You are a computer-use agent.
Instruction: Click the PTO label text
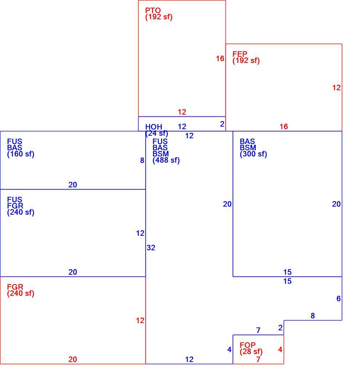click(153, 11)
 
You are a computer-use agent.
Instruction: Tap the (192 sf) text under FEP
click(246, 60)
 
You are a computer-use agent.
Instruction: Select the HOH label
click(154, 127)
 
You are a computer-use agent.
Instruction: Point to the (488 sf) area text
click(166, 160)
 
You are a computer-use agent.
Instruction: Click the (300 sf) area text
click(253, 154)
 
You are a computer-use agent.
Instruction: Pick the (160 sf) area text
click(21, 154)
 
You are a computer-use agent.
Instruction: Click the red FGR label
click(15, 287)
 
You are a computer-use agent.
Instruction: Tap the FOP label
click(248, 345)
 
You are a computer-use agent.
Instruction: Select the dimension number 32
click(151, 247)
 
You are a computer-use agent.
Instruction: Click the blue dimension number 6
click(339, 299)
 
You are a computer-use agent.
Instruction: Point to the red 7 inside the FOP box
click(258, 359)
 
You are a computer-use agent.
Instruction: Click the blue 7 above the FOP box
click(258, 330)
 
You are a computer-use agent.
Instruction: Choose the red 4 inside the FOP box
click(280, 350)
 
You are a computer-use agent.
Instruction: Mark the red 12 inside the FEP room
click(336, 88)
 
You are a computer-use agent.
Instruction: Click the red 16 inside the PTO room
click(220, 59)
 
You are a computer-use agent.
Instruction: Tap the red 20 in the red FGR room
click(73, 359)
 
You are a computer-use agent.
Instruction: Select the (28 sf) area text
click(251, 351)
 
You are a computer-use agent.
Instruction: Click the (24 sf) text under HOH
click(157, 133)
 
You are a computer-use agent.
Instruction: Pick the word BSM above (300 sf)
click(248, 148)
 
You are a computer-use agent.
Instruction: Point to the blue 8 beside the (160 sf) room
click(142, 160)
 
